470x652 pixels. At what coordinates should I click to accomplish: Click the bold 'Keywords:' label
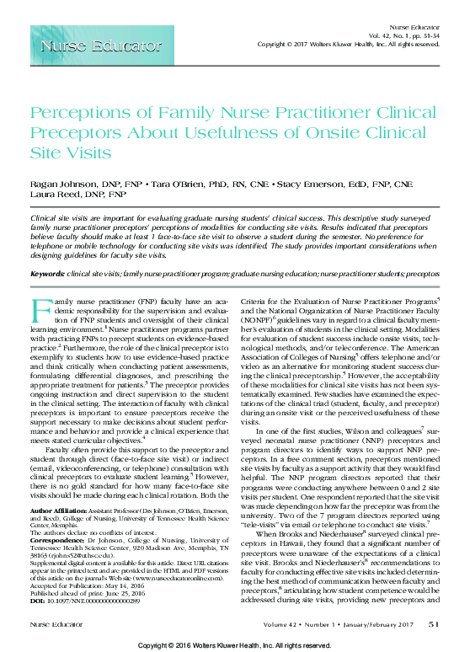(50, 275)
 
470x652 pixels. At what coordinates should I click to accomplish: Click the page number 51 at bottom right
(434, 624)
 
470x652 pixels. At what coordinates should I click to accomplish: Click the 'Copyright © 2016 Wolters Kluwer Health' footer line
(234, 644)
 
